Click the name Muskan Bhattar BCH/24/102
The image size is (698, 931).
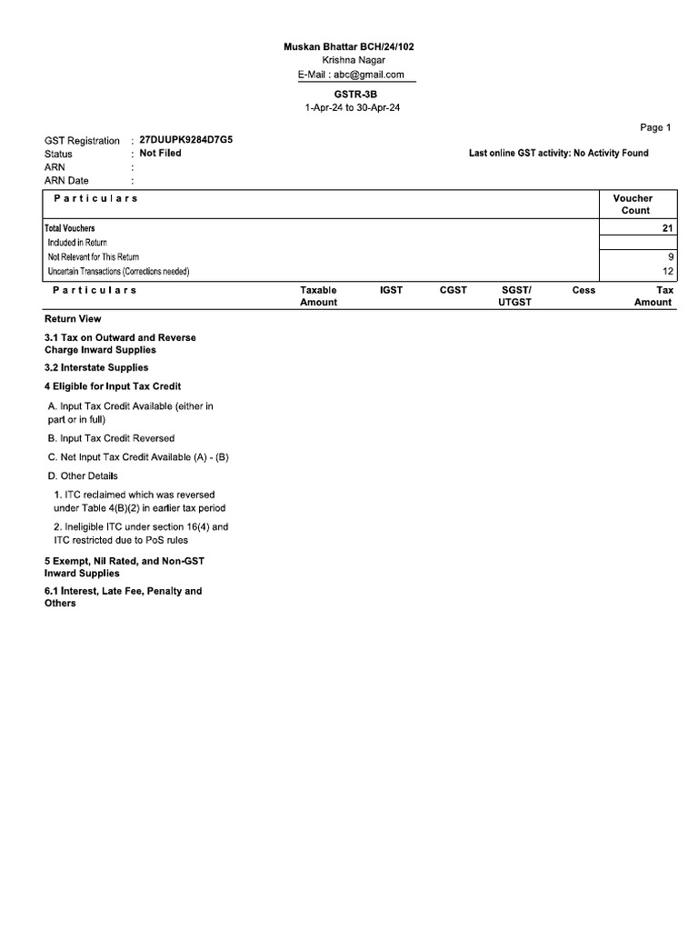(352, 46)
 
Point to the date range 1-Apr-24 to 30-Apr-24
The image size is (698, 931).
(352, 108)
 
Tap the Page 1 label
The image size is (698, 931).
(655, 127)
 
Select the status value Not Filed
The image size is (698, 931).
(160, 154)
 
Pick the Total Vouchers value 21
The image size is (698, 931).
(667, 228)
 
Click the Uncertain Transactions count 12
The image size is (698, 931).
(667, 272)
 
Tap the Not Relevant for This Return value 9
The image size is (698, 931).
(670, 257)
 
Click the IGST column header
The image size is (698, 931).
(391, 290)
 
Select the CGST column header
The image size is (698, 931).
(453, 290)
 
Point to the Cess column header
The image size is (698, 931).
(583, 290)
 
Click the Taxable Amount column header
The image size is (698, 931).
(318, 296)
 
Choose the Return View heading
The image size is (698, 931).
(73, 319)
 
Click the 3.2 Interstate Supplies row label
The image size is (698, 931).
(96, 368)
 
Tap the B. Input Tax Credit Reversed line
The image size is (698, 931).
(111, 438)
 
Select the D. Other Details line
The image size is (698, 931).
(83, 476)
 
